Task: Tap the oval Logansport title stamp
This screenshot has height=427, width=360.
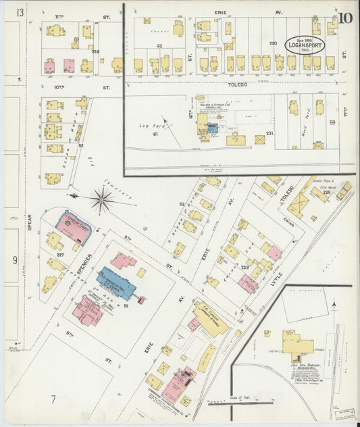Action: pos(305,45)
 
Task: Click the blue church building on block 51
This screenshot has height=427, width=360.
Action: pos(116,282)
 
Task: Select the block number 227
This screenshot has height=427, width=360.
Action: pos(60,255)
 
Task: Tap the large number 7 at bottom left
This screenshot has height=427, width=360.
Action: pos(52,399)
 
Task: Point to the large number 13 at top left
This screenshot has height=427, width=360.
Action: pos(20,13)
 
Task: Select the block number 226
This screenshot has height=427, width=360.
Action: pos(95,51)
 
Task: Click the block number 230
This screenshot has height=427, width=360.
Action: pos(273,43)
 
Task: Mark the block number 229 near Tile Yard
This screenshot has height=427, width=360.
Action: pos(326,193)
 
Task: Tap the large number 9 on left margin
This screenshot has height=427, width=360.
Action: pos(14,259)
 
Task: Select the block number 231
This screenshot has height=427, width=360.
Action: pos(269,134)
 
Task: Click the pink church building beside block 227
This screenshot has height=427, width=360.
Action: pos(73,226)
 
